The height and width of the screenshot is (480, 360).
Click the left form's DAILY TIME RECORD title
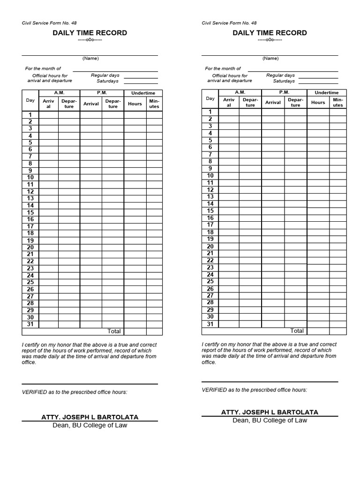(90, 33)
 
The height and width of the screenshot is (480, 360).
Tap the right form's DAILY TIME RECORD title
(270, 33)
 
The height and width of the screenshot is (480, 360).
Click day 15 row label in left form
(30, 212)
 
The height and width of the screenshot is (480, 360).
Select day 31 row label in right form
(210, 324)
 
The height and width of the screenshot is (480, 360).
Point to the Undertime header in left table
(143, 93)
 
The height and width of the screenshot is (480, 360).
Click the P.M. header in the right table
(284, 92)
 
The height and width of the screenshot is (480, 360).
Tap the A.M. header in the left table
(60, 93)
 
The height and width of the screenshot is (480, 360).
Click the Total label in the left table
(114, 331)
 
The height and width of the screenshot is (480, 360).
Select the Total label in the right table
(297, 331)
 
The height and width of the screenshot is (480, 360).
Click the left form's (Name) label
(90, 59)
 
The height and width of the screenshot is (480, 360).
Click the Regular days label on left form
(105, 75)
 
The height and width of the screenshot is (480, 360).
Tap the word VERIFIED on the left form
(34, 392)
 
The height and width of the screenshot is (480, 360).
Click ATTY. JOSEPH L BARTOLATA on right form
(270, 412)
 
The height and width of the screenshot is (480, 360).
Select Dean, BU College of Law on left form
(90, 425)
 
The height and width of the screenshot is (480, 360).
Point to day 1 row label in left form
(30, 115)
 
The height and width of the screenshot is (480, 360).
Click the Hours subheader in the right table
(318, 103)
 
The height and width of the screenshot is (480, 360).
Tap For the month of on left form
(43, 68)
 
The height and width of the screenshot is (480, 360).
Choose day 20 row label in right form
(210, 247)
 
